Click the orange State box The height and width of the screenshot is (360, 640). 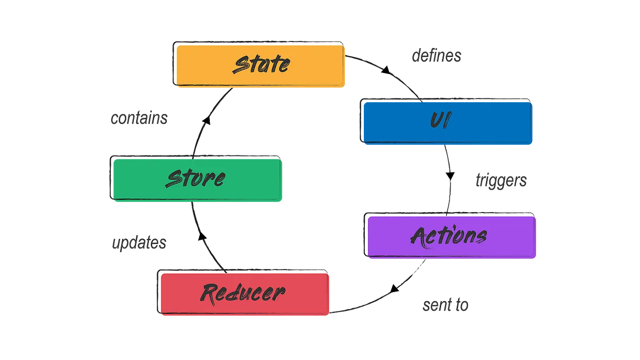click(260, 65)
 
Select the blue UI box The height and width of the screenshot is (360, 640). click(447, 121)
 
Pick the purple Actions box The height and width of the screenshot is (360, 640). click(451, 237)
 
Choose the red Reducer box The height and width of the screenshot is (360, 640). click(244, 294)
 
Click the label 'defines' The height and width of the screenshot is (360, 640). click(437, 56)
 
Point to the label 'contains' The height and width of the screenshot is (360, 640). click(139, 118)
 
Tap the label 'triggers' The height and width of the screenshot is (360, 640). click(501, 181)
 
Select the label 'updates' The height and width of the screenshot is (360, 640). click(138, 243)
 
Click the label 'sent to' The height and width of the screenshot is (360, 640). click(445, 306)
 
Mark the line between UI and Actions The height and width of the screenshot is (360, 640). click(448, 179)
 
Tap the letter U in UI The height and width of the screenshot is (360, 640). click(436, 121)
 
